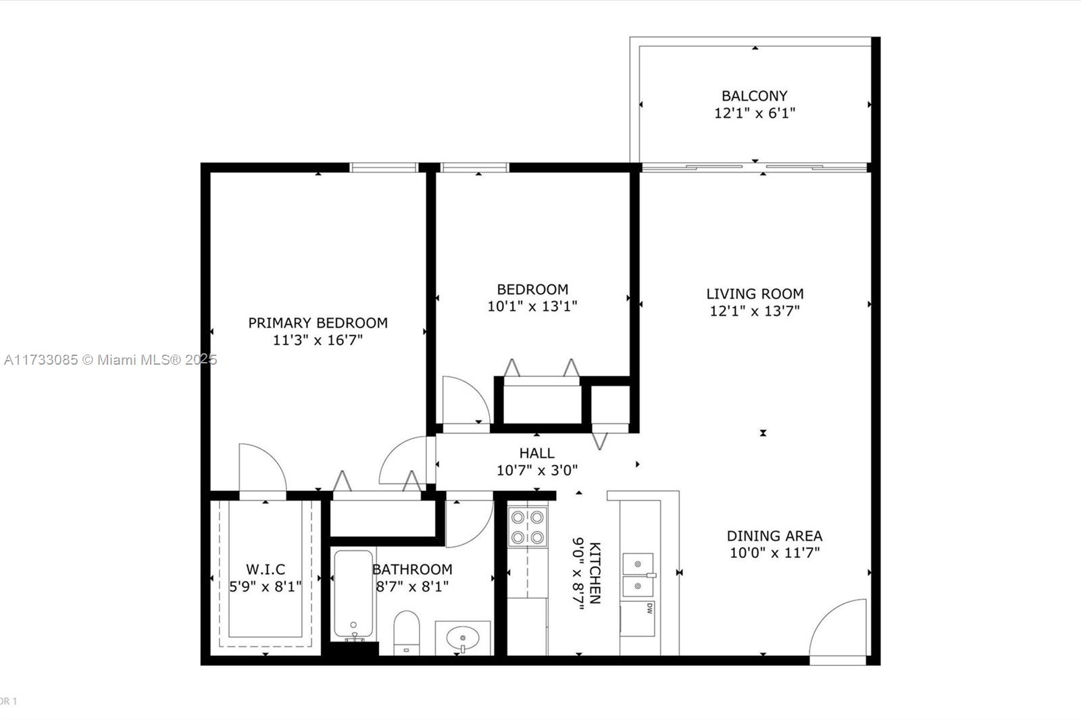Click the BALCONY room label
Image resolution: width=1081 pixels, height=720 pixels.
coord(754,96)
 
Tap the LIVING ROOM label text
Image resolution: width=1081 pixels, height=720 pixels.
coord(755,294)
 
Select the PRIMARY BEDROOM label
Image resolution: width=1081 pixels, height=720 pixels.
coord(318,323)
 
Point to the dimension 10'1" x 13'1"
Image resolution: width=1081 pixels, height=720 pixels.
coord(532,307)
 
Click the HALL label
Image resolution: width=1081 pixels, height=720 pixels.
coord(536,453)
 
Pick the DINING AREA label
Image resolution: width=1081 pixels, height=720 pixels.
coord(774,536)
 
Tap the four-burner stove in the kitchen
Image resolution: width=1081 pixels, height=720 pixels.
coord(528,527)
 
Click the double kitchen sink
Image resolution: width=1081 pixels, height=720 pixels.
coord(638,574)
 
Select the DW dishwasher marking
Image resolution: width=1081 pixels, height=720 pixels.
coord(649,608)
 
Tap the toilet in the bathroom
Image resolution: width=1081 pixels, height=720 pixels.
coord(407,632)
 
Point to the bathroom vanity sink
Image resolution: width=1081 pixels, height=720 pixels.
coord(463,637)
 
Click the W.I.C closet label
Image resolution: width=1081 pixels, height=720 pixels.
coord(265,569)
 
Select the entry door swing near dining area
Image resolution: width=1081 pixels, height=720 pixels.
coord(840,628)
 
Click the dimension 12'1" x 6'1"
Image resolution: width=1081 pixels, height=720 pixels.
coord(755,113)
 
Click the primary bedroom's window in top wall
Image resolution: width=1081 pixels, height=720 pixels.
coord(384,168)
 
